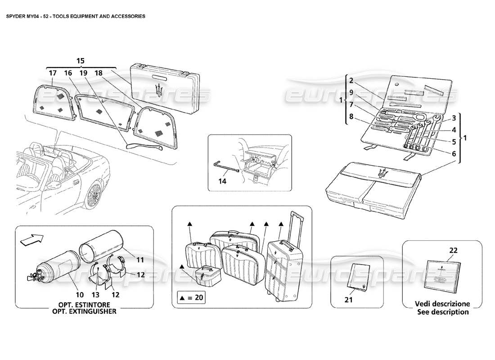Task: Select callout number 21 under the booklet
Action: click(x=349, y=298)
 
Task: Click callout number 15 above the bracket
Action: click(x=80, y=60)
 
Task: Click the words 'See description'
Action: click(x=443, y=311)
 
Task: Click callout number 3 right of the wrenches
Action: click(x=454, y=118)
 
